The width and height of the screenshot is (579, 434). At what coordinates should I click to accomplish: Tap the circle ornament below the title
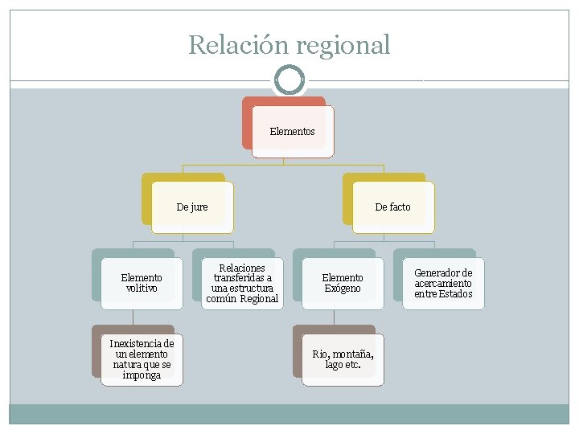point(289,80)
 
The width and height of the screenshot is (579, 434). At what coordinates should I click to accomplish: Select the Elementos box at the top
point(292,132)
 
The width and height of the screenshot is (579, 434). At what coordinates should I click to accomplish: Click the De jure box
point(192,207)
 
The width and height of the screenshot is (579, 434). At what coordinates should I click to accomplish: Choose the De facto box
point(392,207)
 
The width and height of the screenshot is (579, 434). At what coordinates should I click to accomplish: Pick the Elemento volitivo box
point(142,283)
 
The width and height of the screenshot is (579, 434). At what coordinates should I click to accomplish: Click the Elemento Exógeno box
point(343,283)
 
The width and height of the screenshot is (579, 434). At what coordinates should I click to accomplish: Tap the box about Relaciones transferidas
point(242,283)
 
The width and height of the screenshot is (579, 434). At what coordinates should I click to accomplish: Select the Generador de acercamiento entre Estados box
point(443,283)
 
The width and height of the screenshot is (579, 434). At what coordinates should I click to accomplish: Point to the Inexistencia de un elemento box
point(142,359)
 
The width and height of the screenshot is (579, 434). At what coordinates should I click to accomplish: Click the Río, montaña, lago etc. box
point(343,359)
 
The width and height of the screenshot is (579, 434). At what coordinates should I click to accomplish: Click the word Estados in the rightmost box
point(455,293)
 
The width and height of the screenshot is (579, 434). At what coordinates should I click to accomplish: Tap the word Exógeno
point(343,289)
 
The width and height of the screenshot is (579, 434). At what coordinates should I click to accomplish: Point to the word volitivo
point(142,289)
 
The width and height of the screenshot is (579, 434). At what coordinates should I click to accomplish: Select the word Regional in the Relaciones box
point(259,299)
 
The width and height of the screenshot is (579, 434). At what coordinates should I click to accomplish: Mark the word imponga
point(142,375)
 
